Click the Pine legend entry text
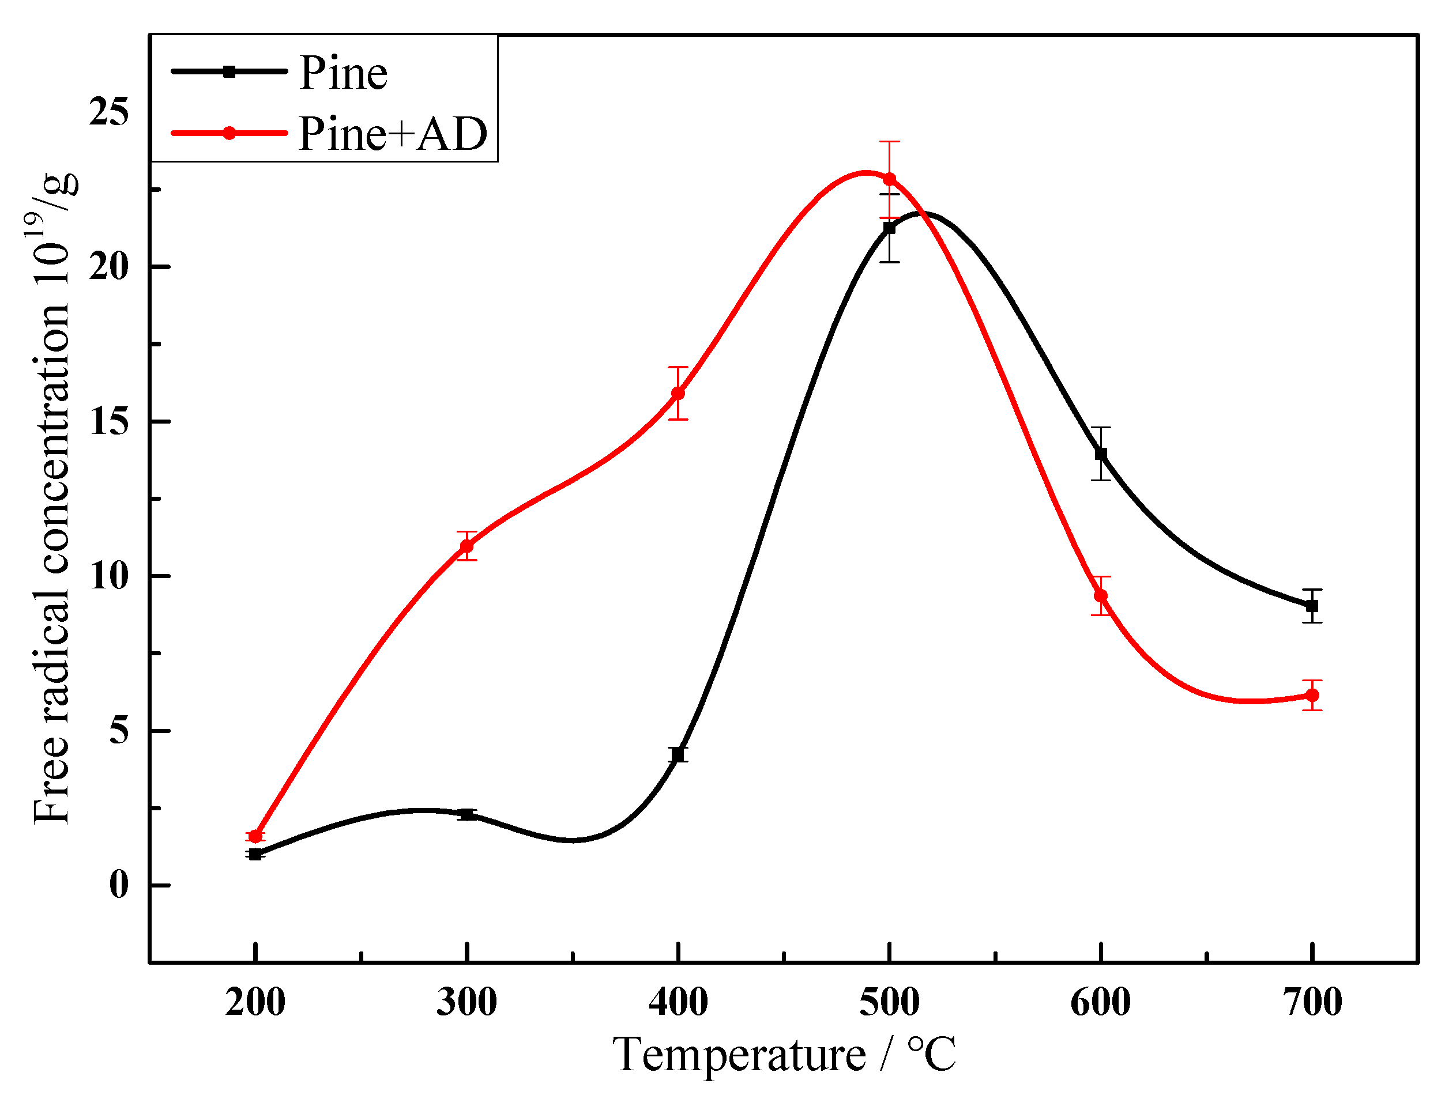[x=343, y=73]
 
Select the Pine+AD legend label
[x=393, y=134]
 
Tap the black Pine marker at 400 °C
[x=678, y=755]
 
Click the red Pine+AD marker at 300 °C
[x=466, y=546]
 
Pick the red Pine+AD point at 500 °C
[x=889, y=179]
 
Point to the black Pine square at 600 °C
[x=1101, y=454]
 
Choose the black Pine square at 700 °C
[x=1312, y=606]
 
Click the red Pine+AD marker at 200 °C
[x=255, y=837]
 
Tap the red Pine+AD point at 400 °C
[x=678, y=393]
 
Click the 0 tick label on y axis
[x=118, y=885]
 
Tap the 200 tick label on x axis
[x=255, y=1003]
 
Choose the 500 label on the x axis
[x=889, y=1003]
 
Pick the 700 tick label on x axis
[x=1312, y=1003]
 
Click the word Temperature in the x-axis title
[x=739, y=1055]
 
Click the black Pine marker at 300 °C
[x=466, y=814]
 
